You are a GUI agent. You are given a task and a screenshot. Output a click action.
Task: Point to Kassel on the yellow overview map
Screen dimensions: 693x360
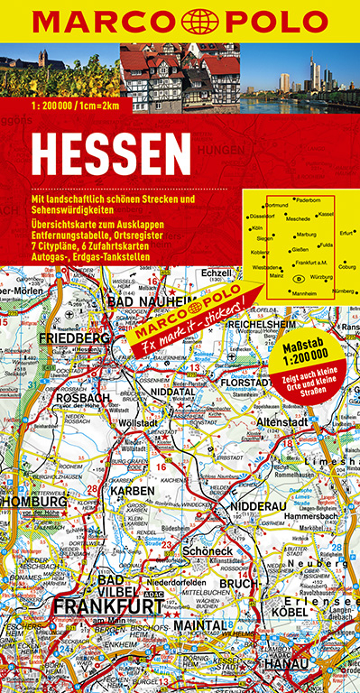(x=326, y=214)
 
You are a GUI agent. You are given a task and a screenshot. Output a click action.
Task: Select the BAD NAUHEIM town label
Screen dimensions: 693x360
(x=151, y=300)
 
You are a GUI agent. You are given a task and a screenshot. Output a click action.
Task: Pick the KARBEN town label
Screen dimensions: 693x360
(x=133, y=490)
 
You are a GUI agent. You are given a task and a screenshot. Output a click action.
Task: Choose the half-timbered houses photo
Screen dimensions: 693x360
(x=180, y=78)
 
